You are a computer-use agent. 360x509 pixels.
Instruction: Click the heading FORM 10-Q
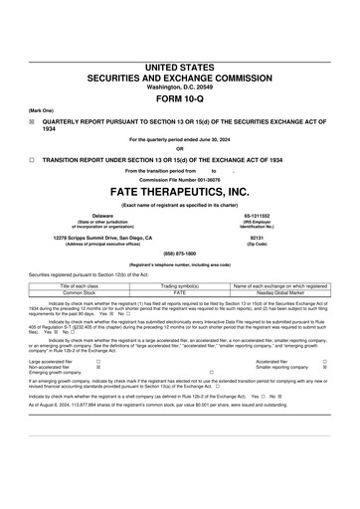pos(179,102)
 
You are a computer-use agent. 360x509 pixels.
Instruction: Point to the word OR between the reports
pos(179,149)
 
